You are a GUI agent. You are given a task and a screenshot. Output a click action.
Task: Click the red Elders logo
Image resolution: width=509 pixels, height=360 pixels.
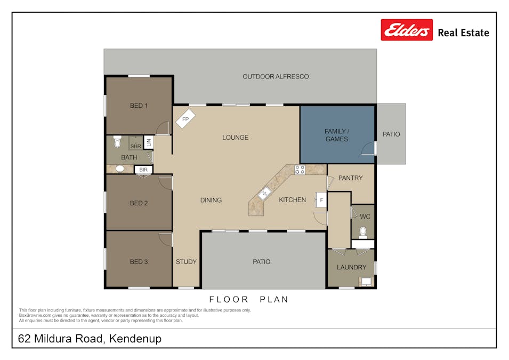coord(406,30)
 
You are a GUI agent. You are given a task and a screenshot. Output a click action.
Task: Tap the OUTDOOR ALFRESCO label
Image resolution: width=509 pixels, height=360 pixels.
coord(276,77)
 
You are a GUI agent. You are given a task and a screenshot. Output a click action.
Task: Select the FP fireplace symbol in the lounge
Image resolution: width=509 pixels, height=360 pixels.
coord(185,119)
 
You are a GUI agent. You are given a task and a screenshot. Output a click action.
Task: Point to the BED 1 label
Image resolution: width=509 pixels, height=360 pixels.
coord(139,106)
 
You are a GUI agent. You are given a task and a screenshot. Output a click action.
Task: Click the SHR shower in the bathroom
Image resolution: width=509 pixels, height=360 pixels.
coord(135,144)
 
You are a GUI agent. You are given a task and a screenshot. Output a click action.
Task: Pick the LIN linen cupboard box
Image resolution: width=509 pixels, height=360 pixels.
coord(149,142)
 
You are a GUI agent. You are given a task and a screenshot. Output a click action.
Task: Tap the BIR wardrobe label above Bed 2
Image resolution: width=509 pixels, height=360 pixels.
coord(143,170)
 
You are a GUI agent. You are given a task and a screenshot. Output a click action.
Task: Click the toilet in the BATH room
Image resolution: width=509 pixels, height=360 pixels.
coord(117,142)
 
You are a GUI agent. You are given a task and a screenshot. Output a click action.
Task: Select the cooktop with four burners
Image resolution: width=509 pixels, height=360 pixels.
coord(300,170)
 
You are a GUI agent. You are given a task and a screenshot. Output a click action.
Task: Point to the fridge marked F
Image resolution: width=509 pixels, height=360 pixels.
coord(321,200)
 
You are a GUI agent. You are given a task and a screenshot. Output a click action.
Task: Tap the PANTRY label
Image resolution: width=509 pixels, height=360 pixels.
coord(350,178)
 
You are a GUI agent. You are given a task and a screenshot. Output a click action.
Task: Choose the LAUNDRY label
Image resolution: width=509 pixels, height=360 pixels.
coord(351,267)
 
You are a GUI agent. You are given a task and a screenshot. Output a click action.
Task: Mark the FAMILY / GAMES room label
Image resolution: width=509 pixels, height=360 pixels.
coord(336,135)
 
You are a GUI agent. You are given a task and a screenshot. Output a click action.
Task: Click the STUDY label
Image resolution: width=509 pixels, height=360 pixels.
coord(186,262)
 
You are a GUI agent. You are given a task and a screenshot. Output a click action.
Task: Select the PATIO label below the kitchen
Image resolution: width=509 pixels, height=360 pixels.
coord(261,262)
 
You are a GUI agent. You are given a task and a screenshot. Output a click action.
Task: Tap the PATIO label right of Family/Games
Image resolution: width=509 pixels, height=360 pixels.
coord(391,134)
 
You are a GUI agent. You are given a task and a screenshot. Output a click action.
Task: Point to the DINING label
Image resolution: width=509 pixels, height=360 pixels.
coord(211,200)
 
